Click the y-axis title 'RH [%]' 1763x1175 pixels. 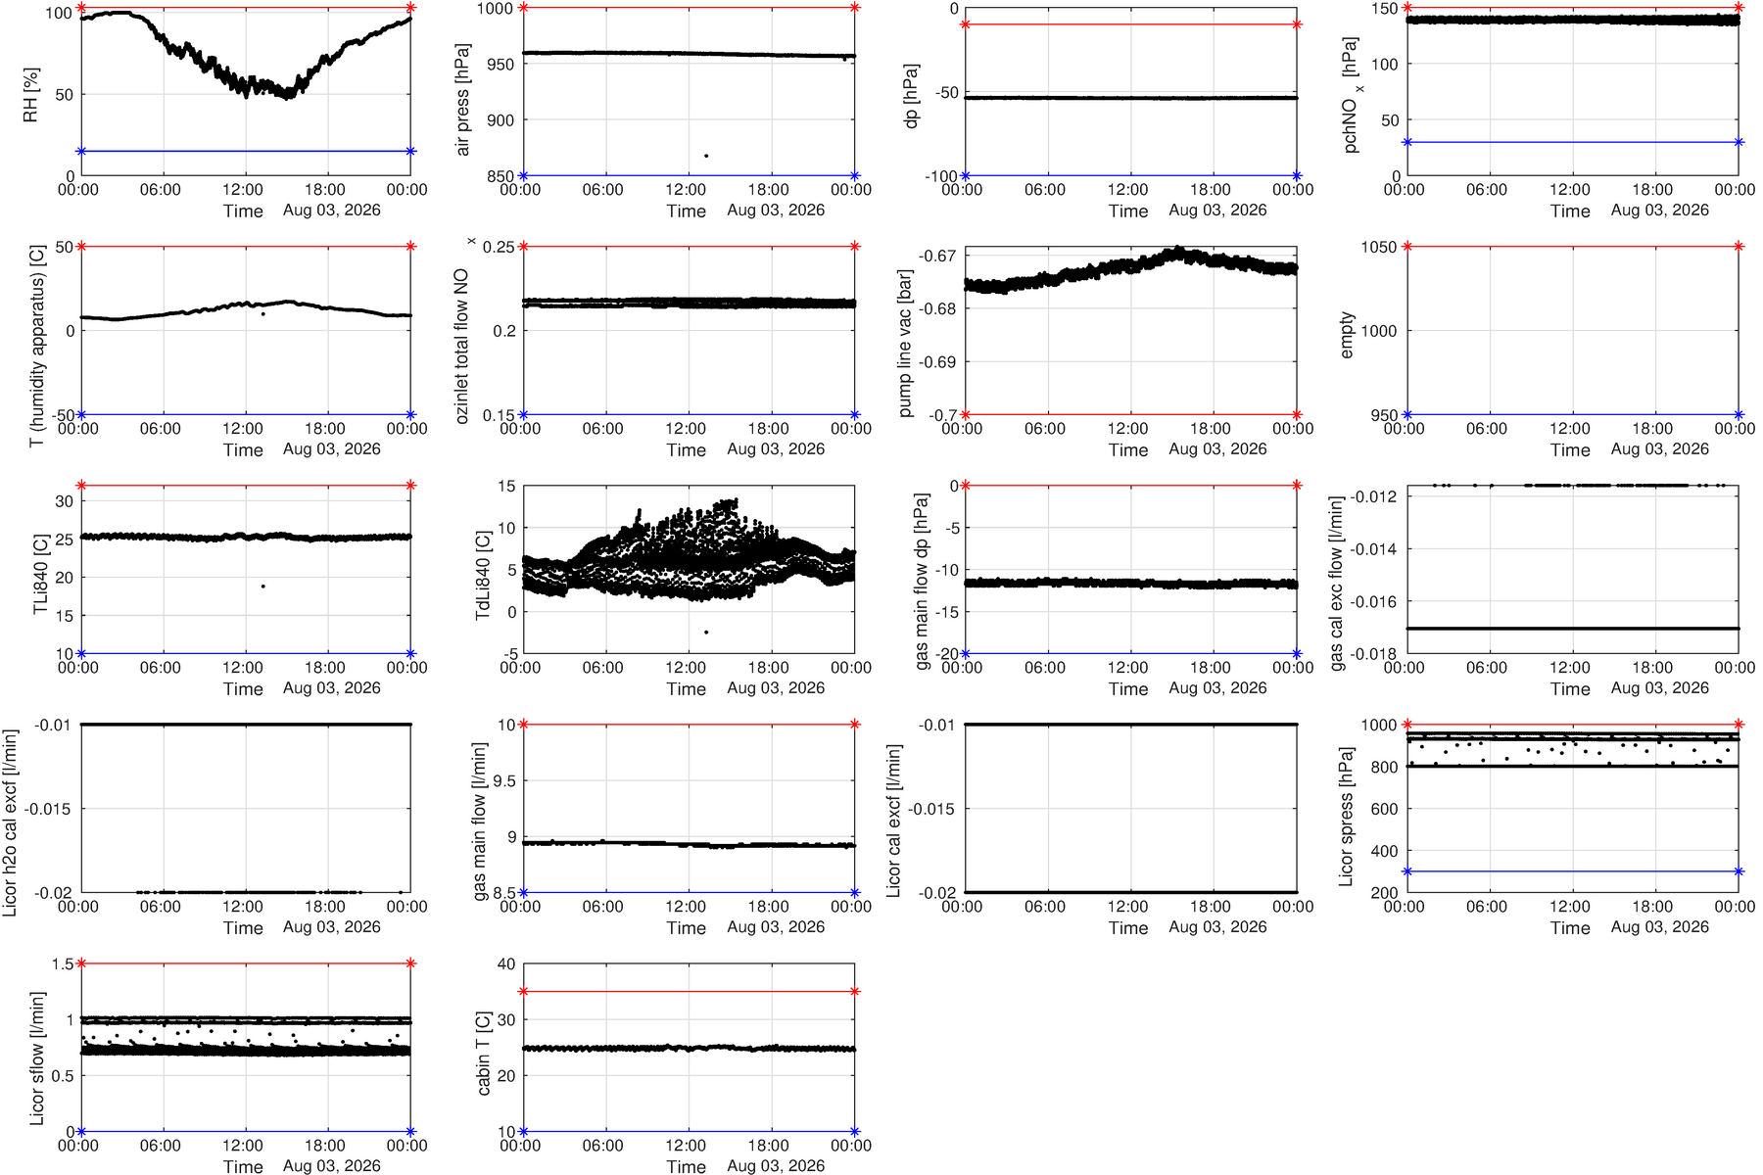30,95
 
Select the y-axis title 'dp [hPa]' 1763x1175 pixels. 912,97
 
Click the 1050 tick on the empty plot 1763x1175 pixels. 1379,247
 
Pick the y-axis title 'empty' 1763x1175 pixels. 1347,335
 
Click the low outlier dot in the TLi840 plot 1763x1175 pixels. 263,587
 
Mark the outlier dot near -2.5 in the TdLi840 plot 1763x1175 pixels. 706,633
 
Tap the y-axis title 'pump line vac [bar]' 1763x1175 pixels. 906,344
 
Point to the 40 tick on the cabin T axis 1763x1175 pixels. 506,964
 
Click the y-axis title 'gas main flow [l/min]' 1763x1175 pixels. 480,822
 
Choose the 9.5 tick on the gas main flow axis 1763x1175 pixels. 505,781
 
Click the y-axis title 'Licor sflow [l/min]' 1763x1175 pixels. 38,1058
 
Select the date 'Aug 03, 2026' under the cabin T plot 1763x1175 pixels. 776,1166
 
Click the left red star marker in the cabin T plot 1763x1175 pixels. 523,992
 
